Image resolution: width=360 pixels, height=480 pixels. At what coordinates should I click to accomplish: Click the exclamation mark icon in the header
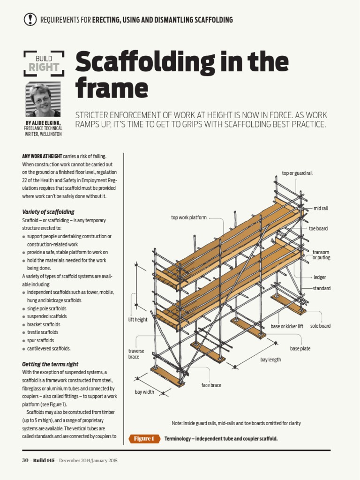tap(30, 19)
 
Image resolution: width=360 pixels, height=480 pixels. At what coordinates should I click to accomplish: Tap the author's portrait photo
tap(43, 100)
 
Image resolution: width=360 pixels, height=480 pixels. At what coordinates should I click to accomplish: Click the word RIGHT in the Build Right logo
tap(44, 67)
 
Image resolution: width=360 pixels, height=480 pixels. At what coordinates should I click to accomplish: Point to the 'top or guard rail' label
tap(297, 173)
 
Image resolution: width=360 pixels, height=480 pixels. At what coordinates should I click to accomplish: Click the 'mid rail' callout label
tap(321, 208)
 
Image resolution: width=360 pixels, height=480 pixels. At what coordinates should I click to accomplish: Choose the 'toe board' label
tap(318, 228)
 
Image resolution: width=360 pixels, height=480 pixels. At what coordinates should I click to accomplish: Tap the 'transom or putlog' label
tap(321, 255)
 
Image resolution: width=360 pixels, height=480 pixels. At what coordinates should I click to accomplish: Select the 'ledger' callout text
tap(320, 277)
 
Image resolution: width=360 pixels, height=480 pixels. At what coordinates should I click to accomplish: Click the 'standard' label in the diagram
tap(322, 288)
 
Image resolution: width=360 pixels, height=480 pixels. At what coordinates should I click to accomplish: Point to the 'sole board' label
tap(320, 326)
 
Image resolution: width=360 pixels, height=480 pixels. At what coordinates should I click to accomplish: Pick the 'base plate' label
tap(300, 349)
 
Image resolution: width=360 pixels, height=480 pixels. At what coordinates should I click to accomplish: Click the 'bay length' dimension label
tap(270, 360)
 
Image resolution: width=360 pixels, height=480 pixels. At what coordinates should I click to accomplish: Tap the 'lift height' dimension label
tap(138, 320)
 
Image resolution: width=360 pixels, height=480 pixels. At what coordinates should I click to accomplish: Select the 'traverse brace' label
tap(136, 354)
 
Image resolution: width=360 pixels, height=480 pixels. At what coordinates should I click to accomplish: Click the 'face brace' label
tap(211, 385)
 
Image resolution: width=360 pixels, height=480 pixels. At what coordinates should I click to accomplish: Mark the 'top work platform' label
tap(188, 217)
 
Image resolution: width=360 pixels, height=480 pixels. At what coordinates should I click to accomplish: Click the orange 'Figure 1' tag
tap(143, 439)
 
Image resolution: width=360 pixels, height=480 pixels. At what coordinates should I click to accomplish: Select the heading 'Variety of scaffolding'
tap(48, 212)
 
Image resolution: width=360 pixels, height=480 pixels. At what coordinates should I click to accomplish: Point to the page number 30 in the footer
tap(25, 460)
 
